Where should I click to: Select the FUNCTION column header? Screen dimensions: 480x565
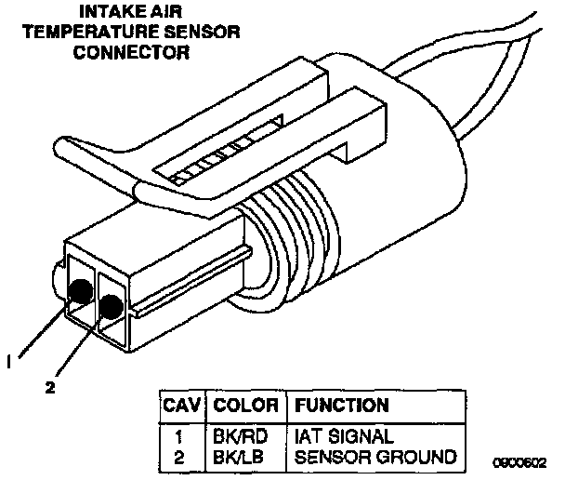[341, 406]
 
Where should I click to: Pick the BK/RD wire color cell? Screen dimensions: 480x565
[239, 435]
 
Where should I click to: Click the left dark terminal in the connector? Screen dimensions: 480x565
[81, 292]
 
